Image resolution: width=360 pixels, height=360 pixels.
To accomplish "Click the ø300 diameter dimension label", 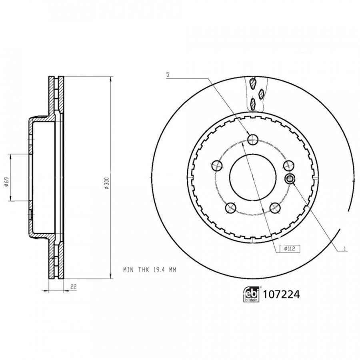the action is click(107, 183).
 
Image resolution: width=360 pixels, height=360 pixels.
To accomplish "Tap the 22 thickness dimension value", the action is click(74, 286).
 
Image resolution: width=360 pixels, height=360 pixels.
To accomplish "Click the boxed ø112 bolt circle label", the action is click(290, 249).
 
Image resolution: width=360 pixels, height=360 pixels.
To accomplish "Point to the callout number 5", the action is click(168, 75).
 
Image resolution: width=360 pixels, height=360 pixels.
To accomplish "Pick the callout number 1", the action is click(344, 249).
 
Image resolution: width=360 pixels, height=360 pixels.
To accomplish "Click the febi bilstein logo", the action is click(251, 294).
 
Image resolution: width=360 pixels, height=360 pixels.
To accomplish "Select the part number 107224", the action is click(281, 294).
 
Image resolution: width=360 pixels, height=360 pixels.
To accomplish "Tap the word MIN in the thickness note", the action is click(128, 270).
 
